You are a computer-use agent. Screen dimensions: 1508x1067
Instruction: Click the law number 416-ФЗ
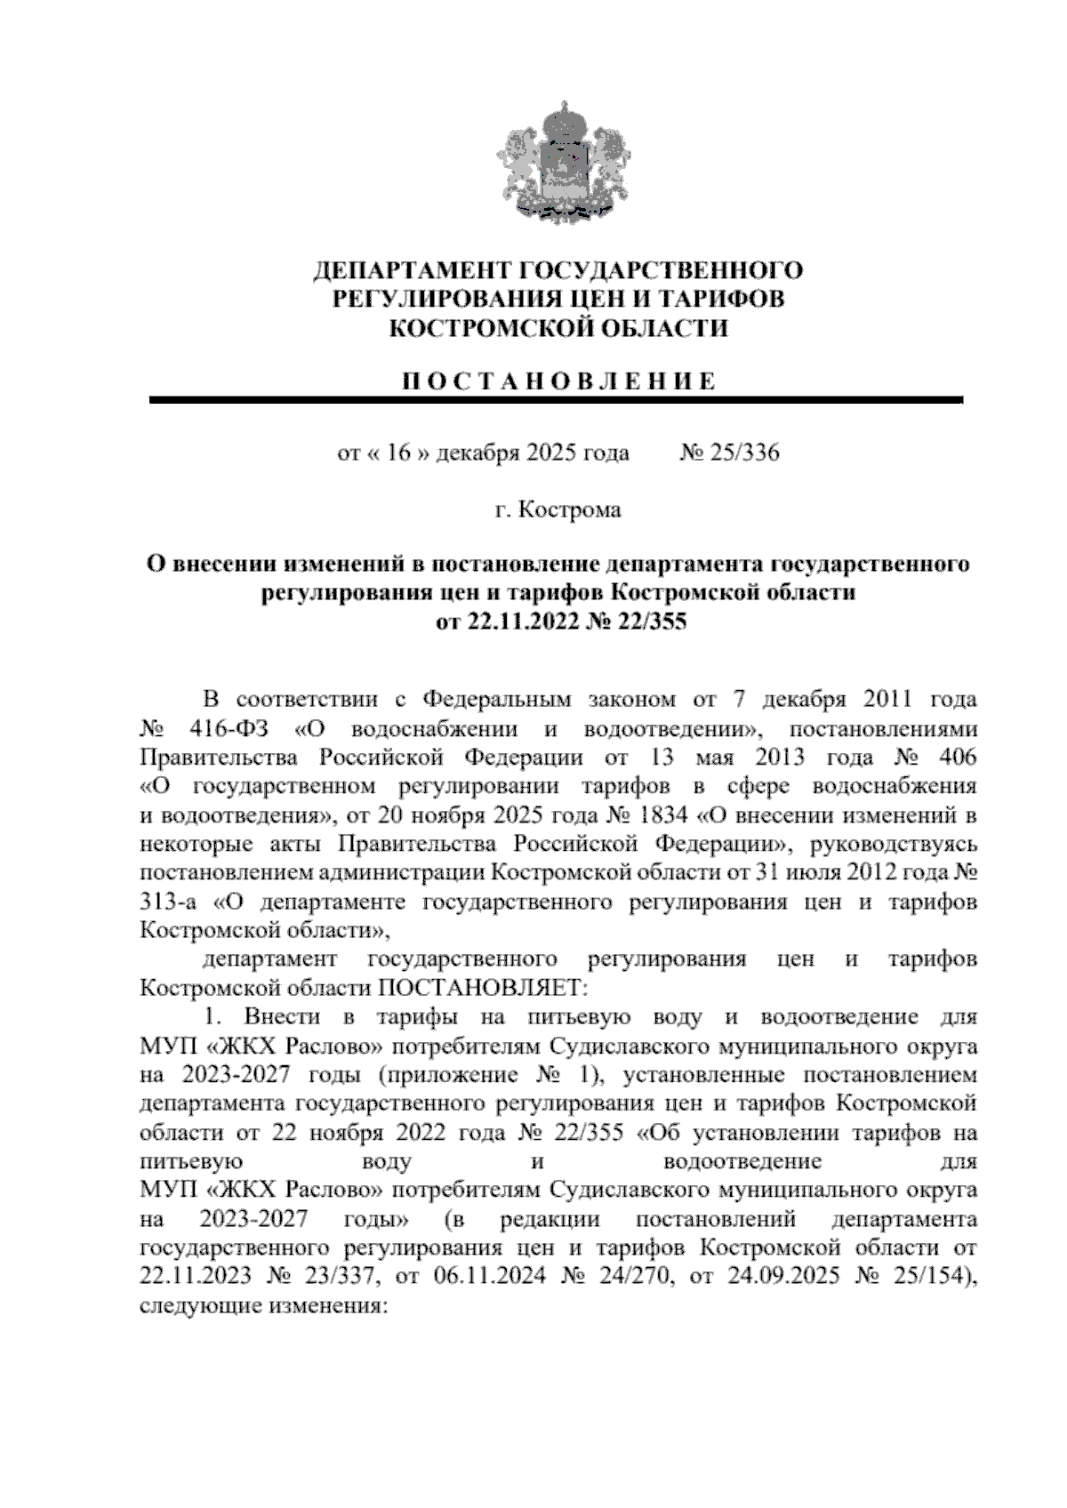point(229,729)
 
